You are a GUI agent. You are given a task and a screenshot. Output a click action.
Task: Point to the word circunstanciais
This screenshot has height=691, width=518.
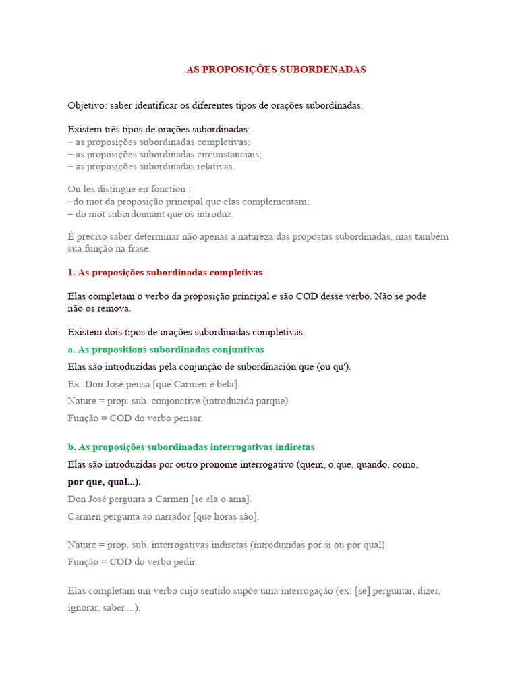click(228, 154)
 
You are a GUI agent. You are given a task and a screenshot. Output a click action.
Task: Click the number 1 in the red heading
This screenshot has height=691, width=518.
click(71, 273)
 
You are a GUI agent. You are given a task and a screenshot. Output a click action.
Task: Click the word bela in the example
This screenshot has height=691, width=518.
click(225, 384)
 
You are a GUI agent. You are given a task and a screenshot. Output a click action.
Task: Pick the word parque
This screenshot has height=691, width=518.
click(272, 401)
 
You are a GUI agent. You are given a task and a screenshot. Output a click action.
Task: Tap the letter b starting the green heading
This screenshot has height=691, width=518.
click(71, 447)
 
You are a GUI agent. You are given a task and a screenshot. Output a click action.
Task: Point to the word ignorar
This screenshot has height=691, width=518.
click(84, 608)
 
